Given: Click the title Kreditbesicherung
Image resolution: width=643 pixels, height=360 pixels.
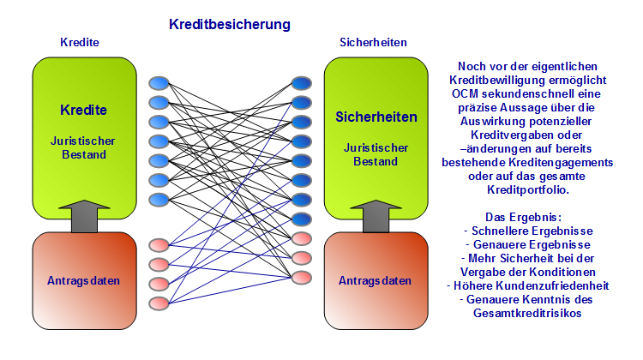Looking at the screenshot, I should [x=229, y=25].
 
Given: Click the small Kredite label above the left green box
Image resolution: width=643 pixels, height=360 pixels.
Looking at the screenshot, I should [x=80, y=42].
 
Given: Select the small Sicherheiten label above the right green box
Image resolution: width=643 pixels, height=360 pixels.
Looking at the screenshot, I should [x=373, y=42].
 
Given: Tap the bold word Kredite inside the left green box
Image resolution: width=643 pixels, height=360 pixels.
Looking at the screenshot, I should [x=83, y=110].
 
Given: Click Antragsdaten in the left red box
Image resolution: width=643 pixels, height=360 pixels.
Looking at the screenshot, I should [x=83, y=280].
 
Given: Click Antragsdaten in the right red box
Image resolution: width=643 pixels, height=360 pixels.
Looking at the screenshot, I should [x=376, y=280].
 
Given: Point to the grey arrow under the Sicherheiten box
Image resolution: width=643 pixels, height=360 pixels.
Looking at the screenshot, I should [x=376, y=217].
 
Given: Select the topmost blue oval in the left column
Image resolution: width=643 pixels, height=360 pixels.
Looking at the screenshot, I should [x=159, y=83].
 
